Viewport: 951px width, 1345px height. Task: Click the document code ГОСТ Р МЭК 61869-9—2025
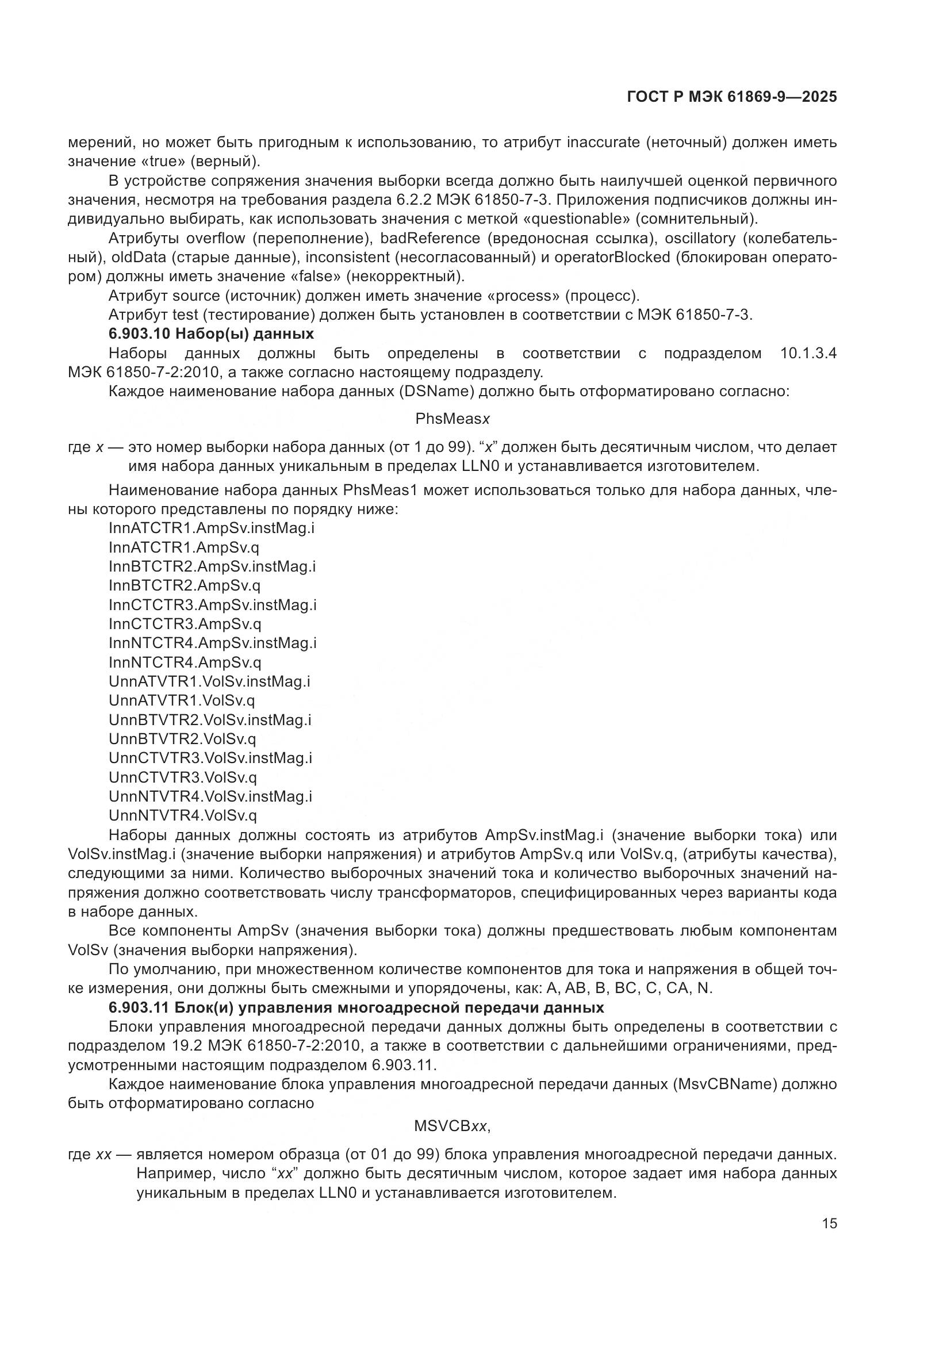tap(731, 97)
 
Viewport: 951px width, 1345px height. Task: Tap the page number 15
tap(829, 1224)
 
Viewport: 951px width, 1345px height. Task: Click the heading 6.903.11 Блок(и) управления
tap(356, 1007)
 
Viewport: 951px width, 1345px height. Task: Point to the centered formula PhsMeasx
tap(452, 419)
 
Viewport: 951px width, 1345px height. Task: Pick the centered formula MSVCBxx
tap(452, 1126)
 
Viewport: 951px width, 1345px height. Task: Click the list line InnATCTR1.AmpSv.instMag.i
tap(212, 528)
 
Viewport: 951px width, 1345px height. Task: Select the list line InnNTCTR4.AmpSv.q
tap(185, 662)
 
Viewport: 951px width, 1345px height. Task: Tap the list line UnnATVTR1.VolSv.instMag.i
tap(210, 681)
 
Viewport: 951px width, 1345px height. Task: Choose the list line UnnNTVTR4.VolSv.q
tap(183, 815)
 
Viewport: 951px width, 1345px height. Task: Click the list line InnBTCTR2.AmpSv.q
tap(185, 585)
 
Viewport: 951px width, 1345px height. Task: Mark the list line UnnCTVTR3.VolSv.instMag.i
tap(210, 758)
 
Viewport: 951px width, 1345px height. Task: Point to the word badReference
tap(422, 239)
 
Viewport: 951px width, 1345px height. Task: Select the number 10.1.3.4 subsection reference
tap(808, 353)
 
